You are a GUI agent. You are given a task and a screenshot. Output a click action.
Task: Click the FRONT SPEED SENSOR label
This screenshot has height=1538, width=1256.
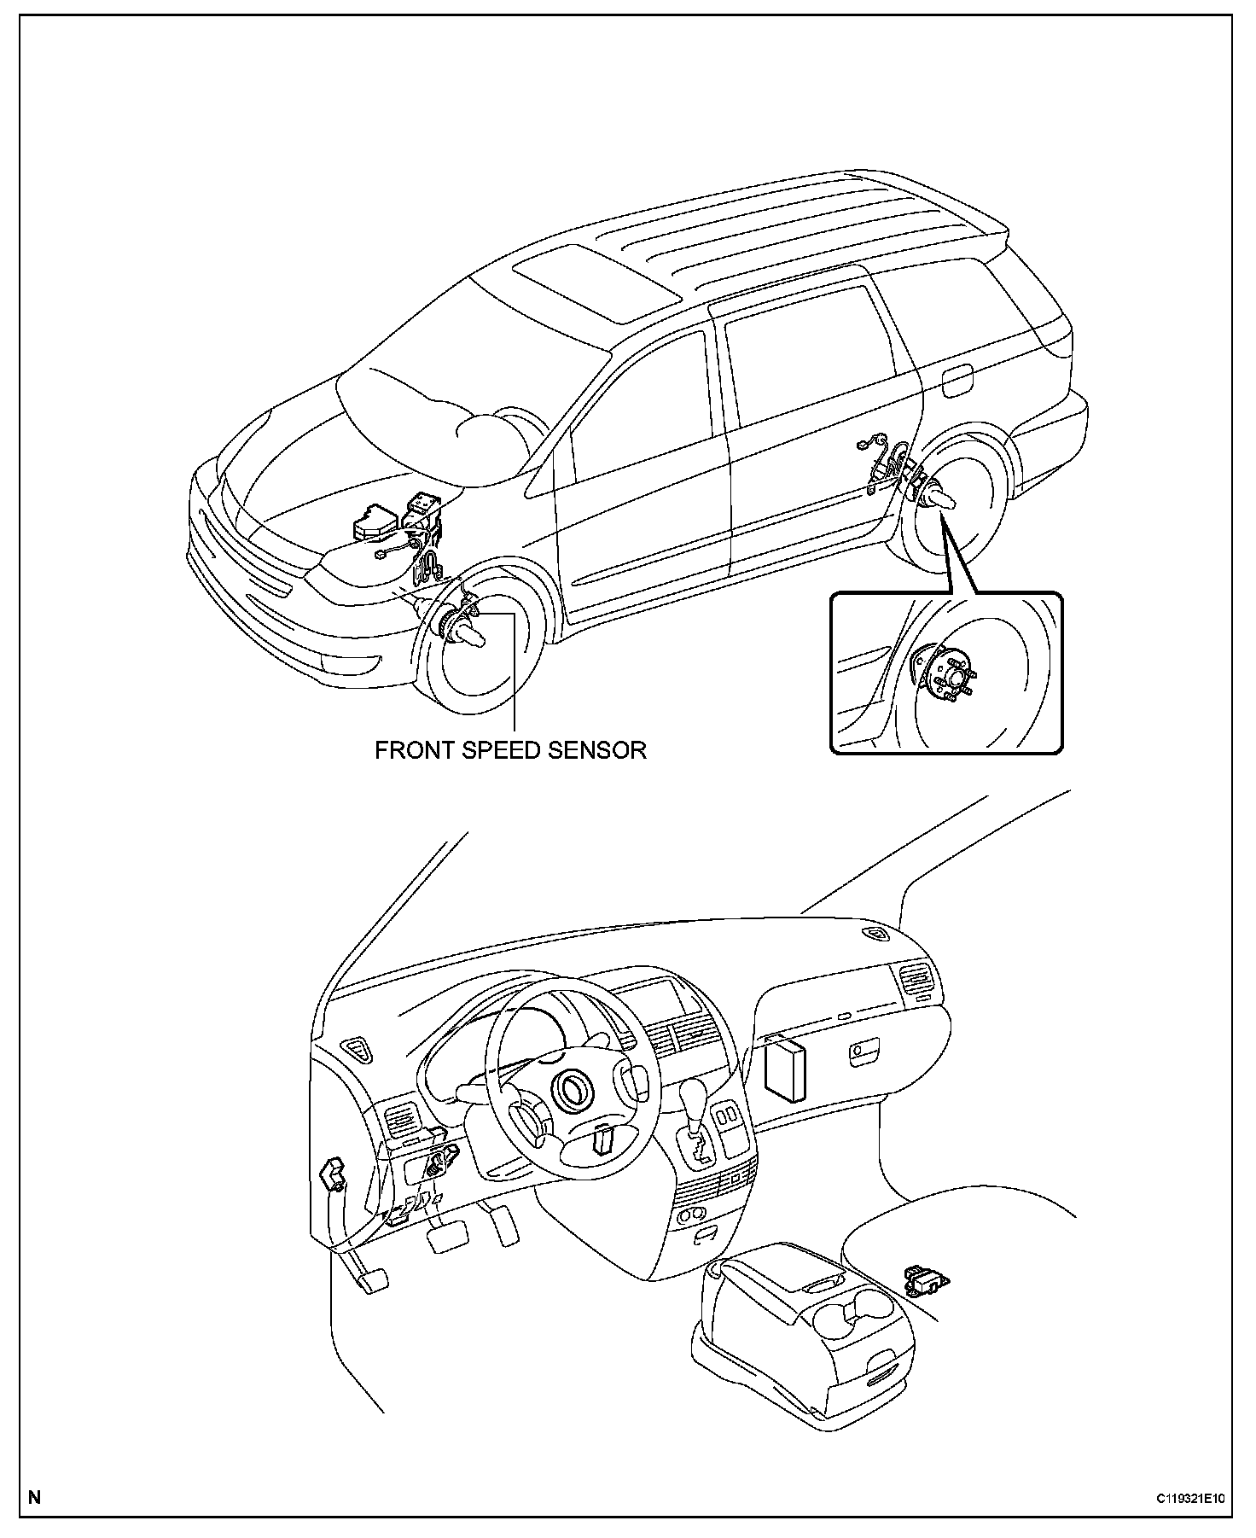(x=510, y=750)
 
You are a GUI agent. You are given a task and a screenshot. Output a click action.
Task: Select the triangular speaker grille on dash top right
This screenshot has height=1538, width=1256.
(x=876, y=935)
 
